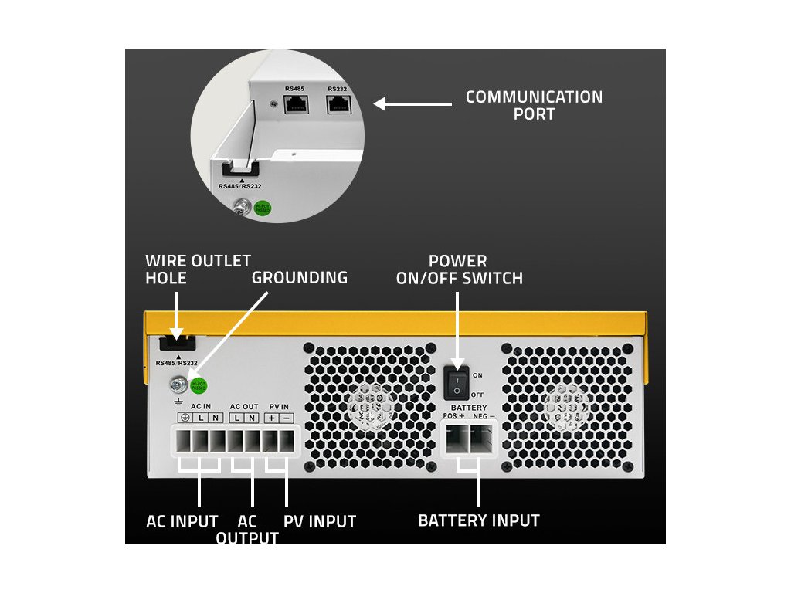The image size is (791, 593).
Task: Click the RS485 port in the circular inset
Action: tap(295, 106)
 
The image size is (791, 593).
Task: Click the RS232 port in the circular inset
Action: tap(337, 106)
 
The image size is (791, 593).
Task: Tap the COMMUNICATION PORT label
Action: tap(534, 106)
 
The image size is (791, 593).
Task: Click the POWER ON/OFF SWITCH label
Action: tap(459, 269)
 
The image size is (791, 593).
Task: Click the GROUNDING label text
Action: tap(300, 277)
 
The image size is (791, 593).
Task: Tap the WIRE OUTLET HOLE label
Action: tap(198, 269)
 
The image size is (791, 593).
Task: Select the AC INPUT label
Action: tap(182, 521)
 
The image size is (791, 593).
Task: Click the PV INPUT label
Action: tap(320, 521)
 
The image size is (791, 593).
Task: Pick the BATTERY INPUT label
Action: tap(478, 520)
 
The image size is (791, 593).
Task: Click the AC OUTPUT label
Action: tap(247, 530)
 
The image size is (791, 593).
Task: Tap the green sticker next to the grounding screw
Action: tap(199, 384)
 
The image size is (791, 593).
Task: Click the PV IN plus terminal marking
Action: tap(271, 418)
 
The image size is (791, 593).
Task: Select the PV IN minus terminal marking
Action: tap(287, 418)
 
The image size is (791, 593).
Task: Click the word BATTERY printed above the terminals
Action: tap(469, 408)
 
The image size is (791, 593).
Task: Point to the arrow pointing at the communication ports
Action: tap(413, 103)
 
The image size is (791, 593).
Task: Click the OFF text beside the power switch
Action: tap(477, 395)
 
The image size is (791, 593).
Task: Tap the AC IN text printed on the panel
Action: tap(200, 406)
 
